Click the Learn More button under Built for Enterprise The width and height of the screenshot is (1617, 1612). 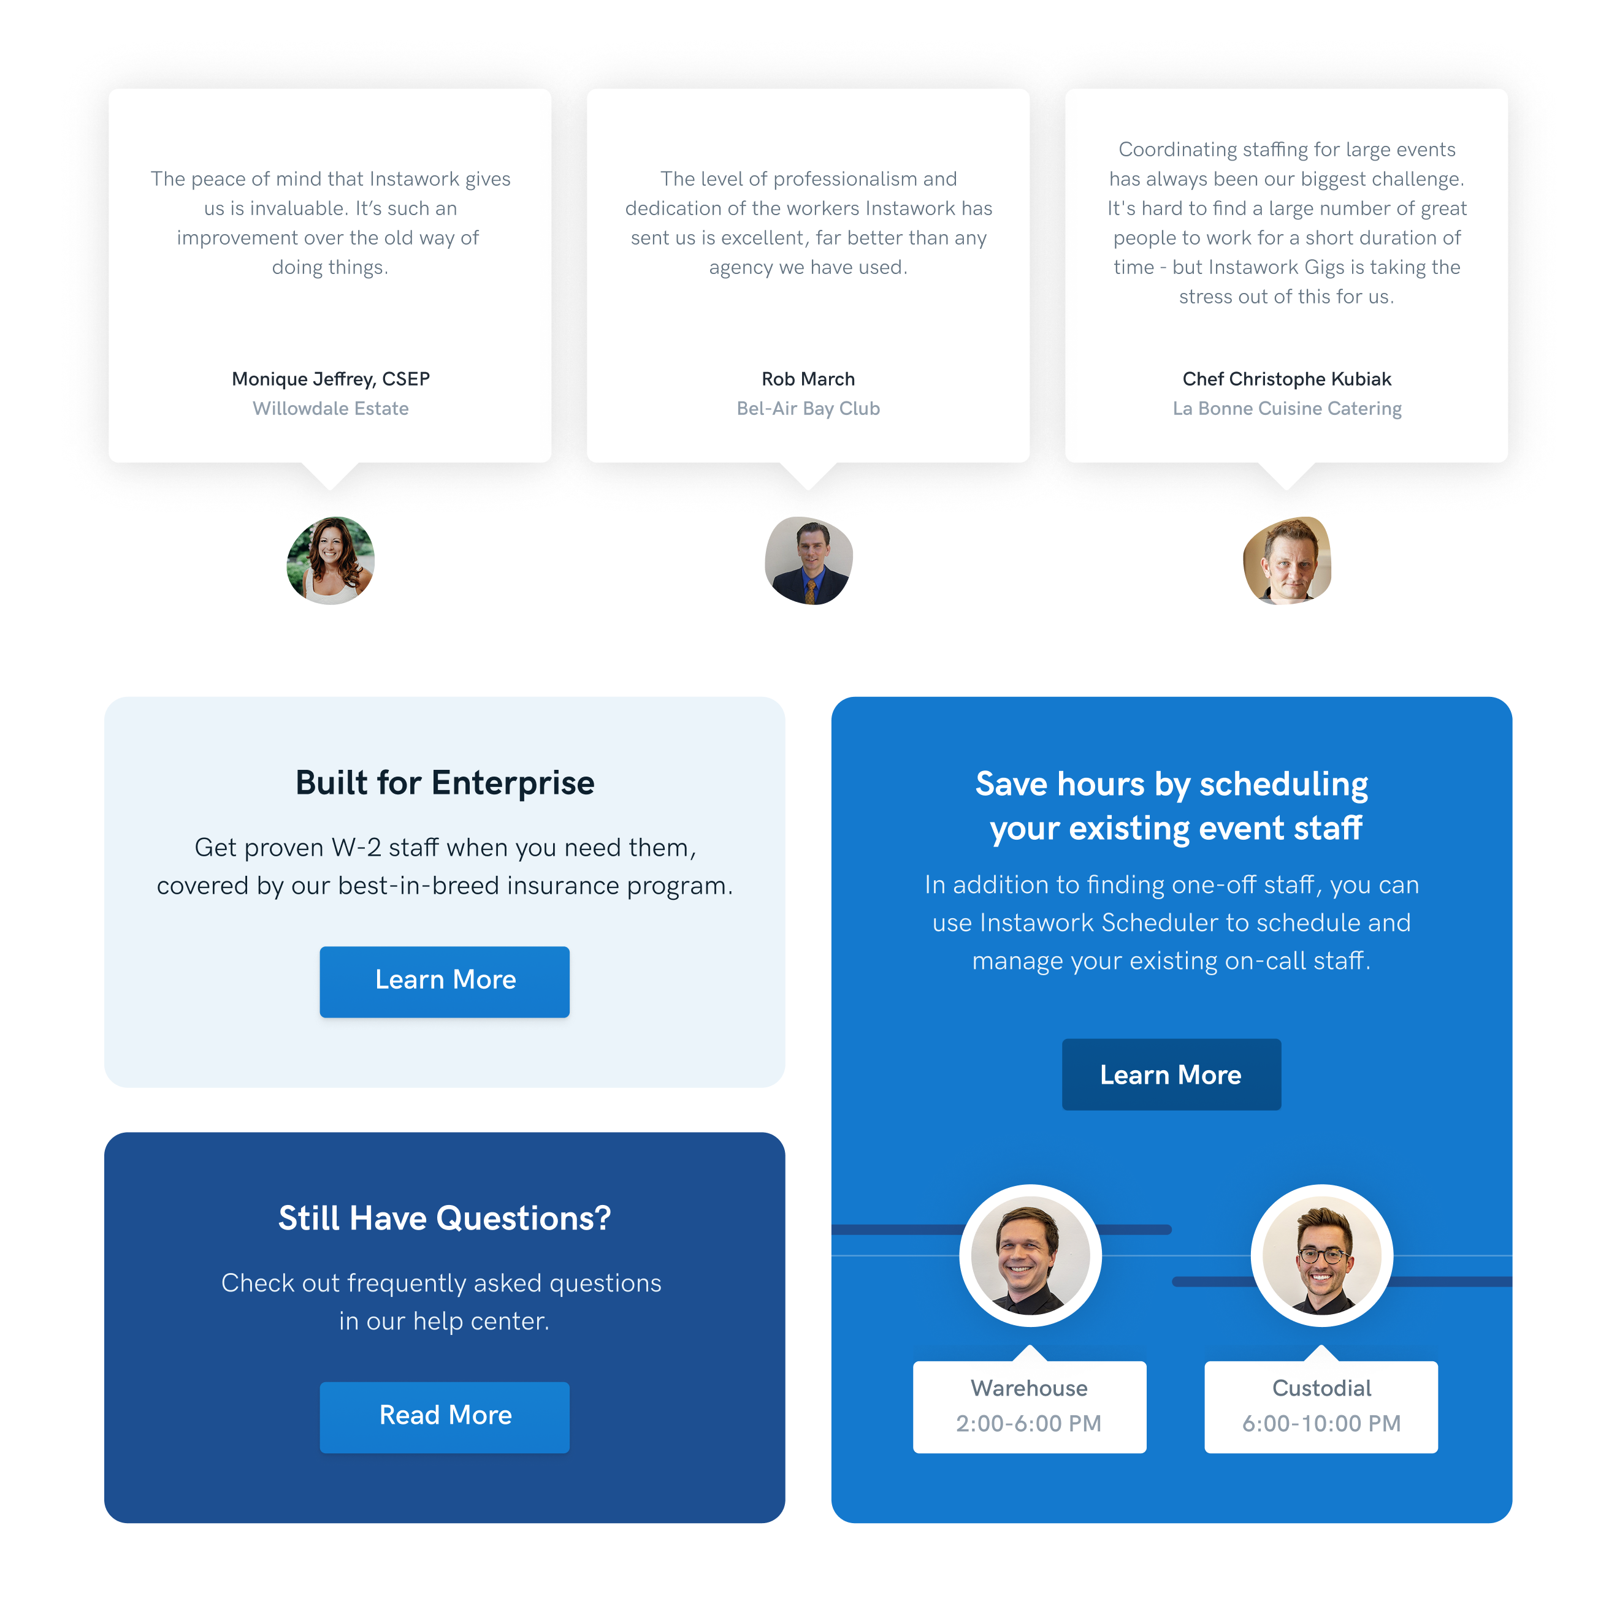[445, 981]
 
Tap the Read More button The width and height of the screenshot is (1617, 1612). [445, 1416]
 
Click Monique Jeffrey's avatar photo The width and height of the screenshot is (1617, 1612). [331, 560]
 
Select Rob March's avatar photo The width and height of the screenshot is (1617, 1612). [808, 560]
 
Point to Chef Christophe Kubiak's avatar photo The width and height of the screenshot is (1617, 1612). [1286, 560]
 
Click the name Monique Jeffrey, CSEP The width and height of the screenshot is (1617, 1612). [331, 379]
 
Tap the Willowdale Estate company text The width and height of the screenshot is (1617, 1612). [331, 408]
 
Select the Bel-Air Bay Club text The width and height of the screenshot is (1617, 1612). [808, 408]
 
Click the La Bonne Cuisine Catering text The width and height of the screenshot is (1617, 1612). [1286, 408]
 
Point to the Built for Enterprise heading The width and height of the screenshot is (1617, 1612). [445, 783]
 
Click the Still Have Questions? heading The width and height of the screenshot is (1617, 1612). [445, 1218]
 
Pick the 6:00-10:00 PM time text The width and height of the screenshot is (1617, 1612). [1321, 1423]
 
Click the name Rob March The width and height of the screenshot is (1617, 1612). [808, 379]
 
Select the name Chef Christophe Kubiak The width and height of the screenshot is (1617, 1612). [1286, 379]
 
